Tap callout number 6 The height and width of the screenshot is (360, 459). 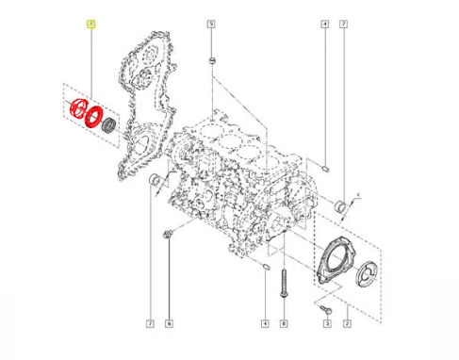(168, 325)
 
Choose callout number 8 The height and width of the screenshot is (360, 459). (282, 325)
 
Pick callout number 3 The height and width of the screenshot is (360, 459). (326, 325)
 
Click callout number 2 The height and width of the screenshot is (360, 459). (347, 325)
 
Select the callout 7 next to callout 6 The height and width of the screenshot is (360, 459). (149, 325)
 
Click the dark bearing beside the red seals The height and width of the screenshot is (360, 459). (108, 123)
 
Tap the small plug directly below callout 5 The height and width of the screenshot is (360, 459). (213, 63)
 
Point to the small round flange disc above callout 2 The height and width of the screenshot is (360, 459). (366, 272)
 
